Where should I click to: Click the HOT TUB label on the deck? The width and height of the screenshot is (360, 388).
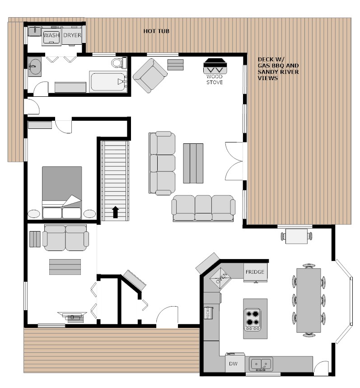click(156, 31)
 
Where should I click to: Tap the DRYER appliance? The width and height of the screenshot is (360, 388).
click(72, 35)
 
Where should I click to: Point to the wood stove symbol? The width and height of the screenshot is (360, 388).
click(215, 66)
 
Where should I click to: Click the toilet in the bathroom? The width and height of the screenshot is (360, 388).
click(119, 62)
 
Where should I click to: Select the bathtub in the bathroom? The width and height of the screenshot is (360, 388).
click(108, 82)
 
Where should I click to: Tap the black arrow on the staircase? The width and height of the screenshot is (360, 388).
click(115, 212)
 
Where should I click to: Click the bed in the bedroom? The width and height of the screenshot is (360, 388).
click(62, 193)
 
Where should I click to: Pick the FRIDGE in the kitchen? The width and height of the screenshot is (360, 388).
click(255, 272)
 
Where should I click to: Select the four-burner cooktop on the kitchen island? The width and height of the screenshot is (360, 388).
click(252, 319)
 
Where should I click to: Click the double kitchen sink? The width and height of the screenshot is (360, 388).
click(261, 364)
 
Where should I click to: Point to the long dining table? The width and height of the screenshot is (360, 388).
click(309, 300)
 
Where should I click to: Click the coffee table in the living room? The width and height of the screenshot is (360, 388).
click(193, 163)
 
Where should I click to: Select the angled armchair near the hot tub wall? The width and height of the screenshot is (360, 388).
click(150, 76)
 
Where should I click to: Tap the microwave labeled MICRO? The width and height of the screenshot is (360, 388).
click(208, 313)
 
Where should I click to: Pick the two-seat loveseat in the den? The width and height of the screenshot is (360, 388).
click(66, 237)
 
